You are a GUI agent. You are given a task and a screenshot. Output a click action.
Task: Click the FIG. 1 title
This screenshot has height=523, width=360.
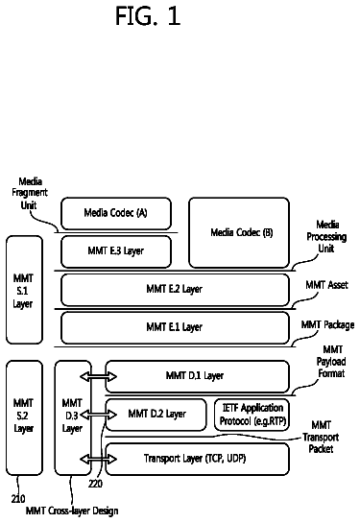(148, 16)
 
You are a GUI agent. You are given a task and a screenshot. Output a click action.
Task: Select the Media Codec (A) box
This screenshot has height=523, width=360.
(116, 213)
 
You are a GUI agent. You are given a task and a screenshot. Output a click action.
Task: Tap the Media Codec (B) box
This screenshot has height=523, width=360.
(239, 232)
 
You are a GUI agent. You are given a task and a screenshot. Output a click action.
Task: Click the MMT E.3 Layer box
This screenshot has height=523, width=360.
(116, 251)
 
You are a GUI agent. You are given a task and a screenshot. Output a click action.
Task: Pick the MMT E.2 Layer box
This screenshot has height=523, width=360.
(175, 290)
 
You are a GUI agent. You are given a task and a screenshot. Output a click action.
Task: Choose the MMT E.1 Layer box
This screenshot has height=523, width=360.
(175, 328)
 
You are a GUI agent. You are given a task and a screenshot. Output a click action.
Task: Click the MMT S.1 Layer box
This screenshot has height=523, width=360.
(24, 290)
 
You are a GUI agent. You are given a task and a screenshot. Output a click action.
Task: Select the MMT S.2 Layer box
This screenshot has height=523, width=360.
(24, 417)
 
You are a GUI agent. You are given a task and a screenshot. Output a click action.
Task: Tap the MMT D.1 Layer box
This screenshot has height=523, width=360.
(197, 376)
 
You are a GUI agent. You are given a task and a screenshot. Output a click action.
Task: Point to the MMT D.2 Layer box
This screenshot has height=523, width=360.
(156, 415)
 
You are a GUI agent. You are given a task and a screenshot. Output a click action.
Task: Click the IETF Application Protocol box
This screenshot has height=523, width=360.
(252, 415)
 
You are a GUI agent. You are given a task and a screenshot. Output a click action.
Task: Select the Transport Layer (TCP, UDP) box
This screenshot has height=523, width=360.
(197, 459)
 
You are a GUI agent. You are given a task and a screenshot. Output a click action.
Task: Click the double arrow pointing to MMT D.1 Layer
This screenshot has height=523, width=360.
(99, 376)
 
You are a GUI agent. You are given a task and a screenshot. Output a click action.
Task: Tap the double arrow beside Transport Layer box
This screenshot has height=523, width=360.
(99, 460)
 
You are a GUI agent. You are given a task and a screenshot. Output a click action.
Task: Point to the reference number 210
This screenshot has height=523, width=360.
(18, 499)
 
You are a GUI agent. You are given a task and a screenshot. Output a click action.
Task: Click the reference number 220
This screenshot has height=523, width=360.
(95, 484)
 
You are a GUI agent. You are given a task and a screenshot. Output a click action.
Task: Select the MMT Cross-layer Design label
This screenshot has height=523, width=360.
(72, 511)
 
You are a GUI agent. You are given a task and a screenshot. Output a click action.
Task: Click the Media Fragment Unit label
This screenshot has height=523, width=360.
(30, 194)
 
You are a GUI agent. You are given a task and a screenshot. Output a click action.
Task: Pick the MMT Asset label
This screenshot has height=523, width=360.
(326, 285)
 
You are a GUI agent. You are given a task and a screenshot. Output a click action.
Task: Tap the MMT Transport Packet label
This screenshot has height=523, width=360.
(321, 437)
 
